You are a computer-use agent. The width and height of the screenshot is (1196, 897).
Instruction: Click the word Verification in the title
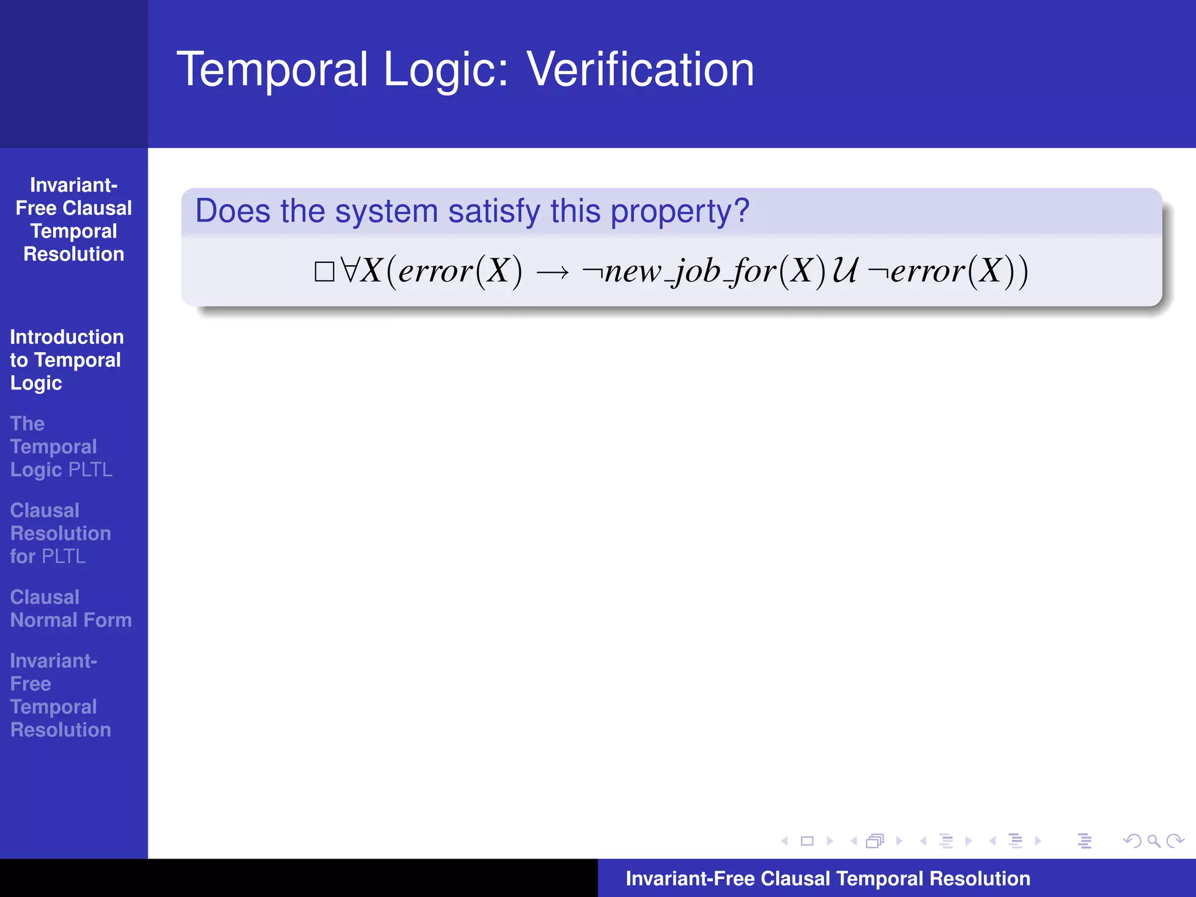640,69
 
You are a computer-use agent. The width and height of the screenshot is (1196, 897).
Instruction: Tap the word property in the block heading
672,211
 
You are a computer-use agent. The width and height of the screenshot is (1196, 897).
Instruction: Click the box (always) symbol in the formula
324,272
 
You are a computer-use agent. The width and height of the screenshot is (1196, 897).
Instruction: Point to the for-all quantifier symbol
350,270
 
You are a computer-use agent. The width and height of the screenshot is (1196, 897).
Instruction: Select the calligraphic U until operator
845,270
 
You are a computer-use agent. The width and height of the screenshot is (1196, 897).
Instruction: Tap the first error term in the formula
435,272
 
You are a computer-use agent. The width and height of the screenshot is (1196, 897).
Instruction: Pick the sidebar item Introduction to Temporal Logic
66,360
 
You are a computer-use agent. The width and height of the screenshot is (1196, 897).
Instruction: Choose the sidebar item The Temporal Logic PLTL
61,447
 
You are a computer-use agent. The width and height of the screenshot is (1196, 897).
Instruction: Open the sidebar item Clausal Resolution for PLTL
60,533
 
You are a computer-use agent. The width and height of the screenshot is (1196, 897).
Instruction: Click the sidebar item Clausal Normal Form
71,609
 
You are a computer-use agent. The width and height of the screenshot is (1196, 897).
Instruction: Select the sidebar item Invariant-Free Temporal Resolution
60,695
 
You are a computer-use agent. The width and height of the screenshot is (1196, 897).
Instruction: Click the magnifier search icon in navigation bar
1153,841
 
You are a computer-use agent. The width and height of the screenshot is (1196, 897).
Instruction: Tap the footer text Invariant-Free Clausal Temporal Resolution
828,878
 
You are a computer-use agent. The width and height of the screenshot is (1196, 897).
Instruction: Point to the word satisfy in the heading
494,211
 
